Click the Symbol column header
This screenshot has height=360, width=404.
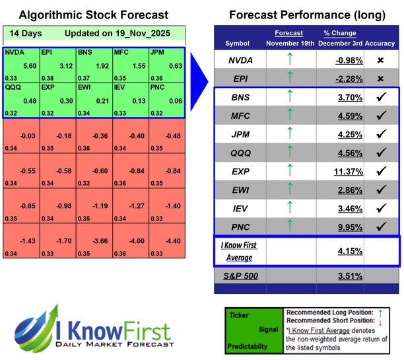(238, 43)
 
